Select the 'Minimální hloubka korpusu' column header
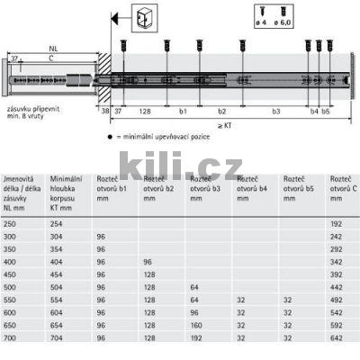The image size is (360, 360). [67, 191]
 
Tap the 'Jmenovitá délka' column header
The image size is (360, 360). [22, 191]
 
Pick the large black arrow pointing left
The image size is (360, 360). [115, 18]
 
